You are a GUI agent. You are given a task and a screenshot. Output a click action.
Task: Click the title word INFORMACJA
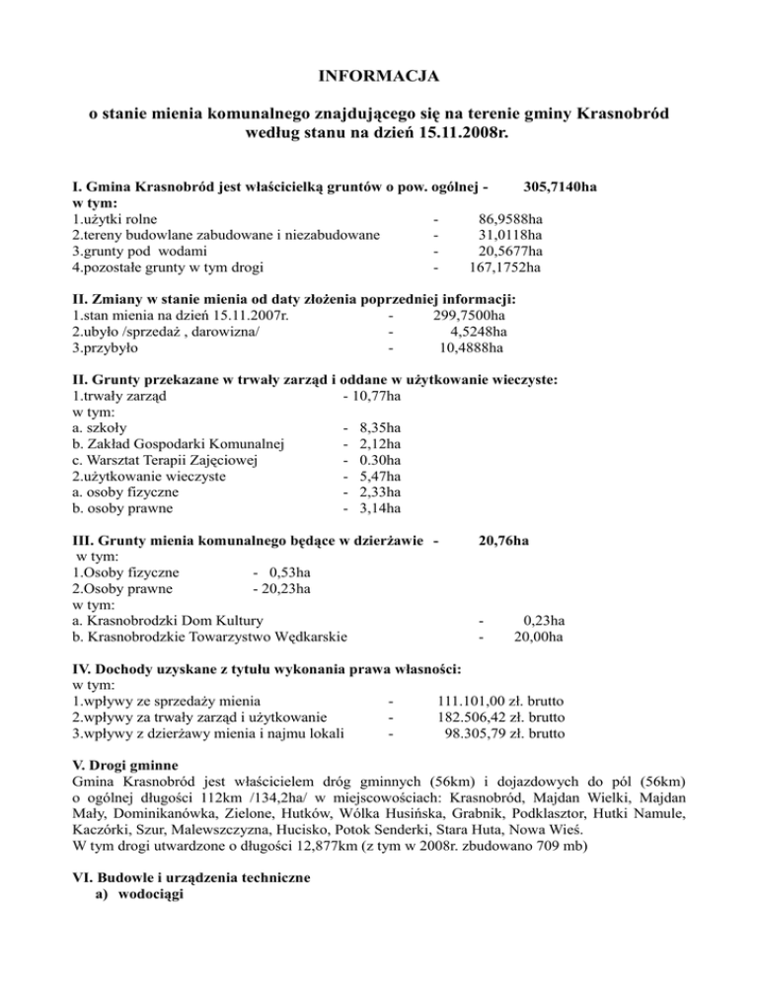tap(378, 75)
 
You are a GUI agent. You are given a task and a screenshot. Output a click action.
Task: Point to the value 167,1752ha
tap(503, 266)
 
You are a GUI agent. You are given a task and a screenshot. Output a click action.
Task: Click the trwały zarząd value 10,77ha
tap(373, 396)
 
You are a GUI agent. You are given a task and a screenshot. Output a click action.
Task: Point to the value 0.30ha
tap(381, 460)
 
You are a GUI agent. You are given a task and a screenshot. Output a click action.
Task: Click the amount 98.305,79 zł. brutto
tap(505, 733)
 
